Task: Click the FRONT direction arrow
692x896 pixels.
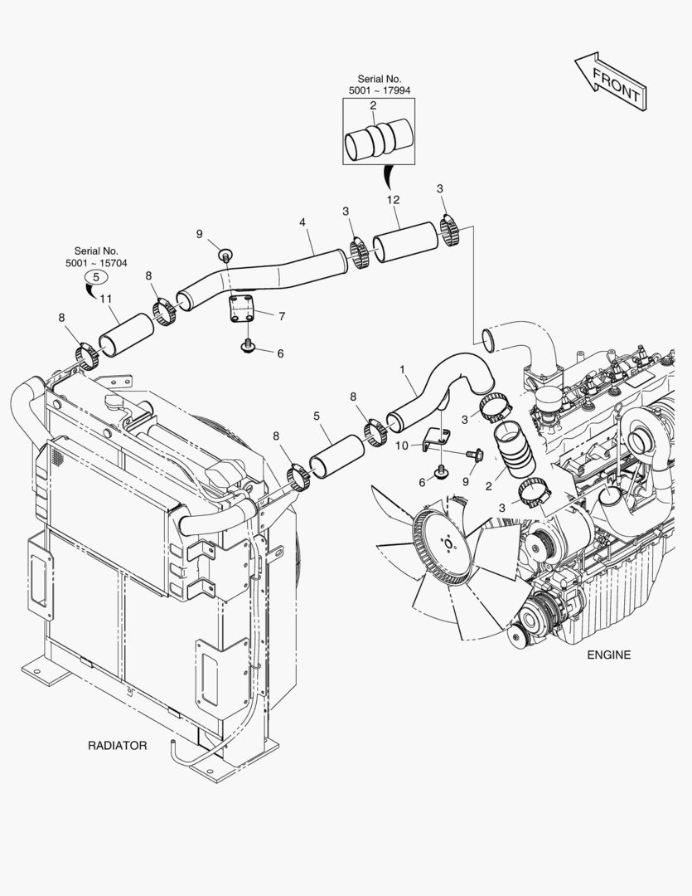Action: tap(610, 81)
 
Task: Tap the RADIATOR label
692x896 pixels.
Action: tap(117, 746)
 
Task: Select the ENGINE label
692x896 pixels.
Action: tap(608, 655)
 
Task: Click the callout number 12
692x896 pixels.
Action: tap(393, 200)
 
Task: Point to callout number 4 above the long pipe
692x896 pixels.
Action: tap(302, 222)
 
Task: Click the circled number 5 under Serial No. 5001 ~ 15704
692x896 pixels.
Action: tap(96, 277)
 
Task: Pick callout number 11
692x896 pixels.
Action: tap(105, 299)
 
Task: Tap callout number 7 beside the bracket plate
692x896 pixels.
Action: tap(282, 316)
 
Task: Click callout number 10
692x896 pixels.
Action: tap(402, 446)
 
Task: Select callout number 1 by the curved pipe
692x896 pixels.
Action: tap(402, 370)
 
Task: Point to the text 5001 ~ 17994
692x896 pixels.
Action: tap(380, 90)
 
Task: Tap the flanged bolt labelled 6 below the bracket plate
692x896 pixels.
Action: tap(248, 345)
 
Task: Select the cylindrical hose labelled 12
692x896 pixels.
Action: tap(404, 241)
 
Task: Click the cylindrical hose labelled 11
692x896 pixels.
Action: tap(126, 335)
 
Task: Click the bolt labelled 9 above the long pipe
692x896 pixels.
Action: tap(225, 255)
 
